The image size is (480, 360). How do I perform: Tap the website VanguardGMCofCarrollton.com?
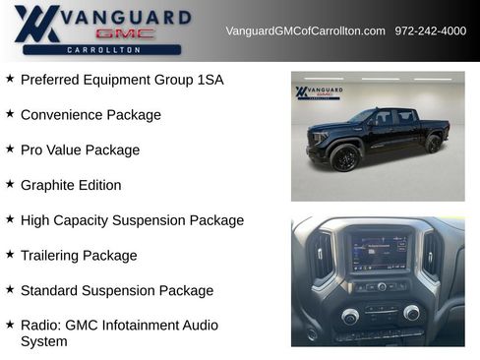(x=305, y=30)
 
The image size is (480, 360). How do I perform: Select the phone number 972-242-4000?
(x=431, y=30)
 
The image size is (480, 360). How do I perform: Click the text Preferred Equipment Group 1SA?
(x=122, y=80)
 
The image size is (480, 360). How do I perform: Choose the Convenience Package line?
(x=90, y=115)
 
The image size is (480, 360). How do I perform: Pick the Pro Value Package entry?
(x=80, y=150)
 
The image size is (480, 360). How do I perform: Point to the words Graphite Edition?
(x=71, y=185)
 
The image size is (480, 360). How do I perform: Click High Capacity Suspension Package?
(x=132, y=220)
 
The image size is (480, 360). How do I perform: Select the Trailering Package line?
(x=79, y=256)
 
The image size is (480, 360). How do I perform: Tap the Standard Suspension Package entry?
(x=117, y=290)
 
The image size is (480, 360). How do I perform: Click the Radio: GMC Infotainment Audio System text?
(x=119, y=332)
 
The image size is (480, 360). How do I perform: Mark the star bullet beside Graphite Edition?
(x=10, y=184)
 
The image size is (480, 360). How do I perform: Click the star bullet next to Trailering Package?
(x=10, y=255)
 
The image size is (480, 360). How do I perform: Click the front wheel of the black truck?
(x=345, y=157)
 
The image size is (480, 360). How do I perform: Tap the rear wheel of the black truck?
(x=434, y=144)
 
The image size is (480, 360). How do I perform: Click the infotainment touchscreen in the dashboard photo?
(x=379, y=254)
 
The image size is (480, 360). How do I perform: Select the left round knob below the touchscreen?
(x=350, y=316)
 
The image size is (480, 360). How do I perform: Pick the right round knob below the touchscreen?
(x=411, y=313)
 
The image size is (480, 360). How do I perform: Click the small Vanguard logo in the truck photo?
(x=319, y=93)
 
